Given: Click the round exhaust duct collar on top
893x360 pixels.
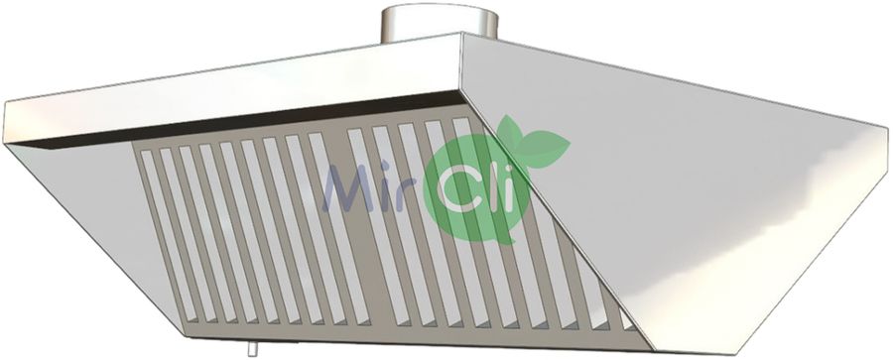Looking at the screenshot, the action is point(440,22).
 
